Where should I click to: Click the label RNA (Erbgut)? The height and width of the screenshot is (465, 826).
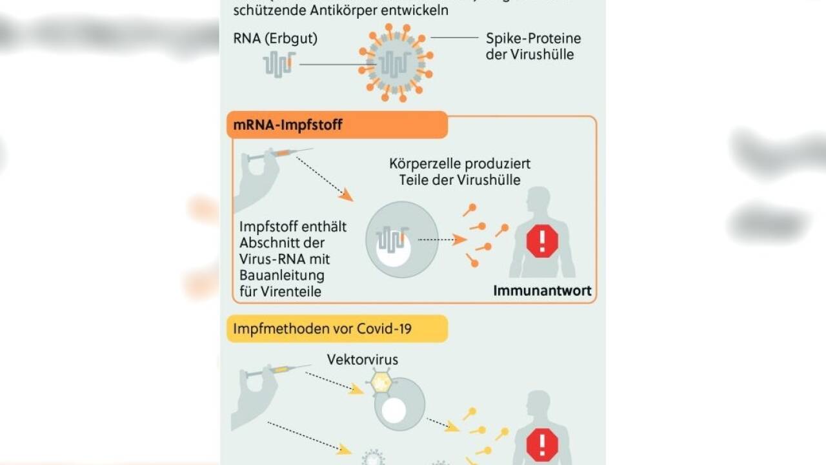276,39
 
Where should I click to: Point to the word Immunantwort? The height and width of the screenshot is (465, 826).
542,291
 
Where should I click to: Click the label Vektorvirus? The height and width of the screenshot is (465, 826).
363,359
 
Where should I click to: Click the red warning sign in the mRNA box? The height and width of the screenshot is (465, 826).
541,241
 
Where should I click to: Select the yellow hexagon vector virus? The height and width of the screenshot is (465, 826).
382,382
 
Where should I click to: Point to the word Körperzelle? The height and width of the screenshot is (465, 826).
421,164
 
